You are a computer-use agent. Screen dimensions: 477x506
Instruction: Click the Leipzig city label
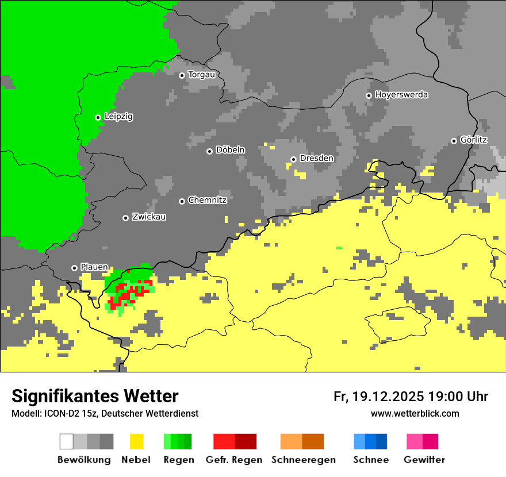118,117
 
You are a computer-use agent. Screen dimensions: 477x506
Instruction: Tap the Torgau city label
201,75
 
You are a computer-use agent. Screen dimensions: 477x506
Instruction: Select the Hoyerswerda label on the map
401,95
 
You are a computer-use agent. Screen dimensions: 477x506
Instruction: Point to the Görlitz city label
473,140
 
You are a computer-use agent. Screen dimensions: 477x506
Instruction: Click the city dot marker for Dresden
293,159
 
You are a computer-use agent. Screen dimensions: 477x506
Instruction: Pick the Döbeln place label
230,150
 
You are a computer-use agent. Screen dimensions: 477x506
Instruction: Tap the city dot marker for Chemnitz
182,201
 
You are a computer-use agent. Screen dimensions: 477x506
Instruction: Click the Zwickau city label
149,217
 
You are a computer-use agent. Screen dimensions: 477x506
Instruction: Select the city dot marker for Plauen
74,268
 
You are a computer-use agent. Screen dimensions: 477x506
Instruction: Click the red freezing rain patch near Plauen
128,293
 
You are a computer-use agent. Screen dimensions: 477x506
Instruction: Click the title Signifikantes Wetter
95,397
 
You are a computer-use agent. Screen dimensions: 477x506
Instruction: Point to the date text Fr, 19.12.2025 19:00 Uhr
411,397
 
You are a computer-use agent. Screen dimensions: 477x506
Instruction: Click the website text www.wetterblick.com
415,414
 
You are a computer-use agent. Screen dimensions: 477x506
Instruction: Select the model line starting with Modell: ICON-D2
105,414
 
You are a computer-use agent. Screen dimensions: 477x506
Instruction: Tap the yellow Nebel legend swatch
136,441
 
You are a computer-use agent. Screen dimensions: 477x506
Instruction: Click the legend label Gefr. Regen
234,460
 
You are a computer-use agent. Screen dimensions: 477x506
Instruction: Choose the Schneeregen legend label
303,460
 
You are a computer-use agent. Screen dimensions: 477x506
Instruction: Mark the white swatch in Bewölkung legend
67,441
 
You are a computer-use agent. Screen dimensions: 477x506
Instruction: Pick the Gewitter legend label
424,460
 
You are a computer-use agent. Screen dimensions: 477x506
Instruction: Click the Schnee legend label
370,460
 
